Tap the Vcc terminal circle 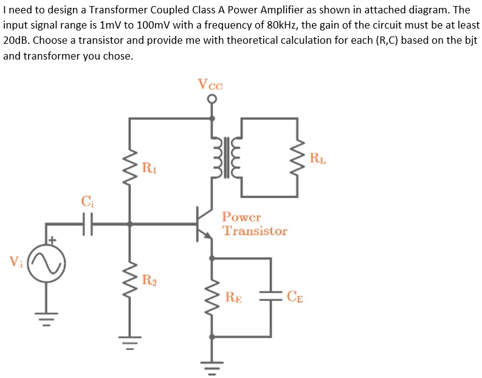[x=212, y=101]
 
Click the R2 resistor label [x=148, y=280]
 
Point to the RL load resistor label [x=317, y=160]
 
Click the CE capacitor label [x=296, y=297]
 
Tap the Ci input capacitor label [x=88, y=200]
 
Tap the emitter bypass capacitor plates [x=270, y=297]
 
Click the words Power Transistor [x=254, y=224]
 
